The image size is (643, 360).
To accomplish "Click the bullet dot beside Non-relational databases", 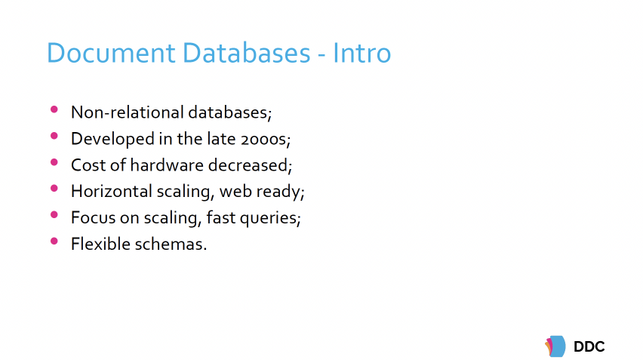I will coord(54,110).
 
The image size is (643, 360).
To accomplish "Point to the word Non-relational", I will coord(116,112).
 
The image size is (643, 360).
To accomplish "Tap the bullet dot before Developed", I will coord(54,137).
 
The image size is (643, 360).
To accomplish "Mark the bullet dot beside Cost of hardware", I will coord(54,163).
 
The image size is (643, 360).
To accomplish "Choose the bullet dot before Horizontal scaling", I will coord(54,189).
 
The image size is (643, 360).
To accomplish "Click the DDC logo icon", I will coord(555,346).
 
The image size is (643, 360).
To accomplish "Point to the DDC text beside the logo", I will coord(589,346).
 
